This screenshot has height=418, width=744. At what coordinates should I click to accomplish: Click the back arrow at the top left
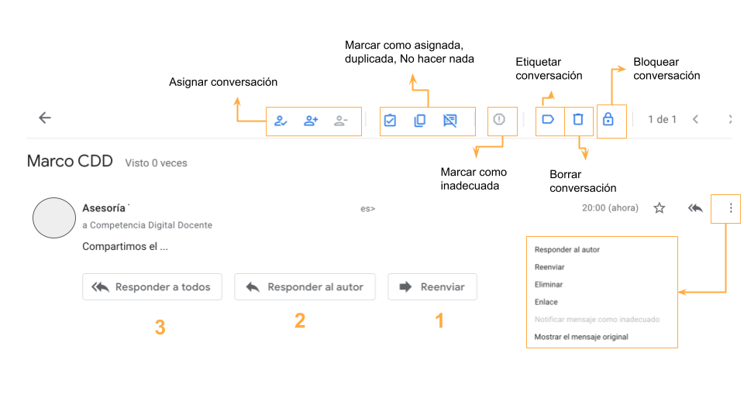click(x=45, y=118)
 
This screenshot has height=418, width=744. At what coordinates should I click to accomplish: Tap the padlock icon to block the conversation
click(x=608, y=119)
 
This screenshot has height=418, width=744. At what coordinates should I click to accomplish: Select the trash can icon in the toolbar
click(x=578, y=119)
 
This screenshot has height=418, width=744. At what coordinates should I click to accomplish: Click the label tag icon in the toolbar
click(x=548, y=119)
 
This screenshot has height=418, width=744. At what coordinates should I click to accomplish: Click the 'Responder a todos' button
click(x=152, y=286)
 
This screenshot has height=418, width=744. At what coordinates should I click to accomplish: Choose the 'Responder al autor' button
click(x=305, y=286)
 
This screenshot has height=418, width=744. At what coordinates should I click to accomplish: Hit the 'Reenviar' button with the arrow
click(x=432, y=286)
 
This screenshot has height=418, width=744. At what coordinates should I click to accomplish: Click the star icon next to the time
click(x=659, y=208)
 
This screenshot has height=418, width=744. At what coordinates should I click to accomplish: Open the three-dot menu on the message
click(x=731, y=208)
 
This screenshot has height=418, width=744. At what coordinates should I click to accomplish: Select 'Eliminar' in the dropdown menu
click(x=549, y=284)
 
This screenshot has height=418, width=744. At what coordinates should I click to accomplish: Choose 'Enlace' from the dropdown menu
click(x=546, y=302)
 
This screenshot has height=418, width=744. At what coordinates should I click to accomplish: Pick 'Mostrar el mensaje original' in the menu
click(x=581, y=337)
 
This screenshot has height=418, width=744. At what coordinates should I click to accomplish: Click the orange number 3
click(x=160, y=327)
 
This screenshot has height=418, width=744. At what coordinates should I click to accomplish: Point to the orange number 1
click(x=440, y=320)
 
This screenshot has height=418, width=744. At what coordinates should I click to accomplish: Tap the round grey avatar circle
click(x=54, y=218)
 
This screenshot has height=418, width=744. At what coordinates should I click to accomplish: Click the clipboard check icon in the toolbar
click(x=390, y=121)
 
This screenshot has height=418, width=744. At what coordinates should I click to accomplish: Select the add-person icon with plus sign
click(x=311, y=121)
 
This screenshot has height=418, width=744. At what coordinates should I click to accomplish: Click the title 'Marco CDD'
click(x=70, y=161)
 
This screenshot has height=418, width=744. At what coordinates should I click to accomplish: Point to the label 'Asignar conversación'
click(x=223, y=82)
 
